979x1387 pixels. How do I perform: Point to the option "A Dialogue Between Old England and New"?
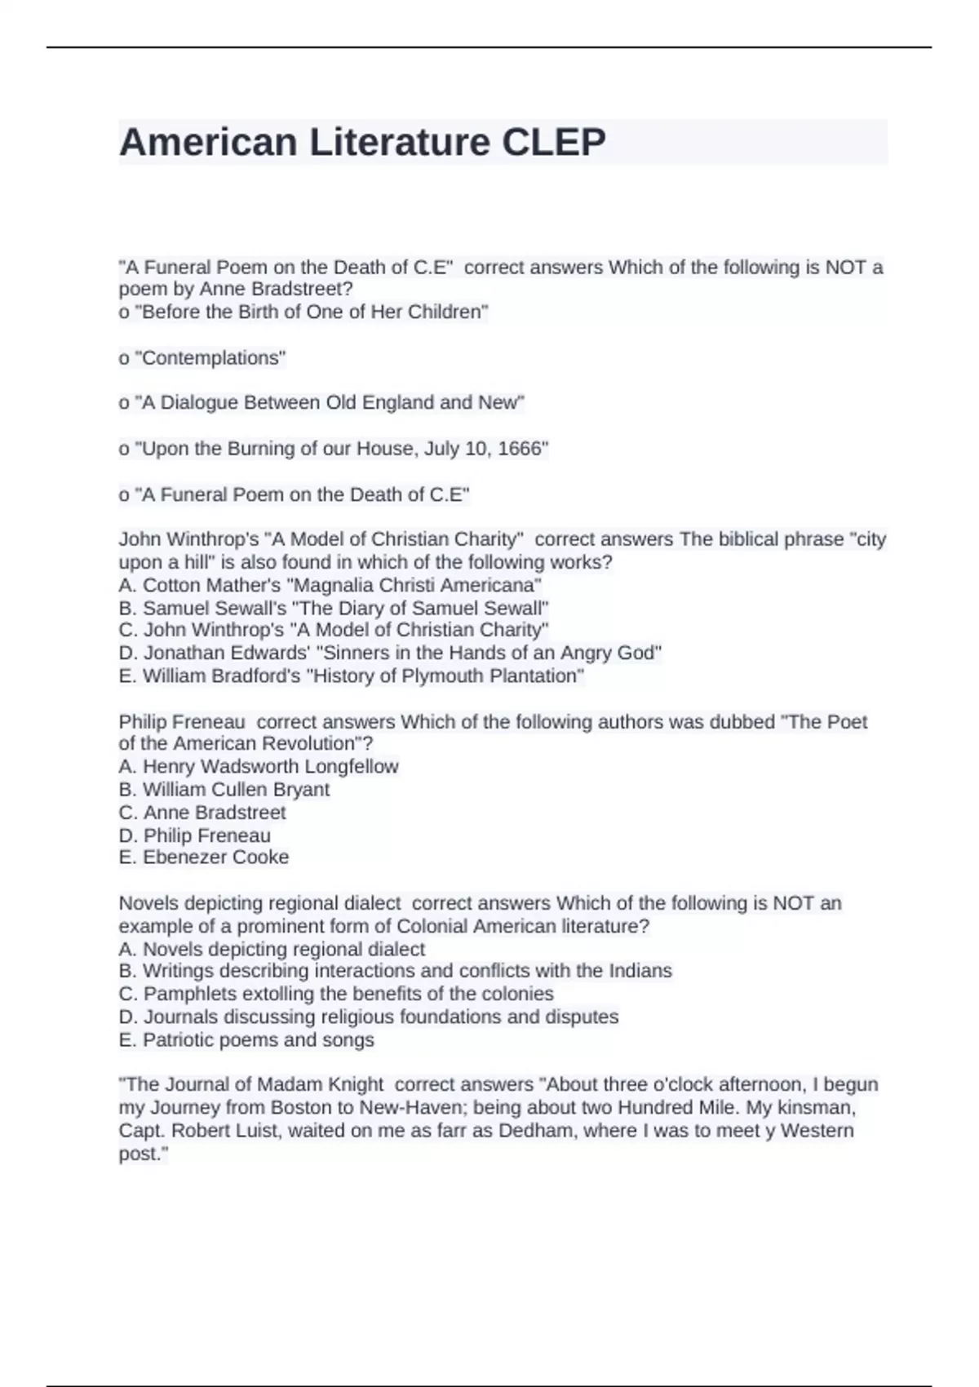click(321, 403)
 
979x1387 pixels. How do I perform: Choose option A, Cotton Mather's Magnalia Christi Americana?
click(330, 585)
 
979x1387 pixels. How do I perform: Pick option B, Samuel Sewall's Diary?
click(334, 608)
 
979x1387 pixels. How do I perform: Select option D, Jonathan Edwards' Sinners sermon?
click(390, 653)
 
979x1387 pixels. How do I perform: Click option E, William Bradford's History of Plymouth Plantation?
click(352, 676)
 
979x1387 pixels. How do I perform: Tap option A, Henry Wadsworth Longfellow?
click(259, 767)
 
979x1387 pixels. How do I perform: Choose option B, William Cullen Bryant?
click(224, 790)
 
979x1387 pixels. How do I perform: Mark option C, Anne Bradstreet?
click(202, 813)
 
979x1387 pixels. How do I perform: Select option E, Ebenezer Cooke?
click(204, 857)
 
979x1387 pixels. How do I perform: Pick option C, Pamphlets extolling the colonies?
click(336, 994)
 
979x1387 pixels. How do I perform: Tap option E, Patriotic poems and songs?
click(246, 1040)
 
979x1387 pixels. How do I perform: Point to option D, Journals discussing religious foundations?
click(369, 1017)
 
